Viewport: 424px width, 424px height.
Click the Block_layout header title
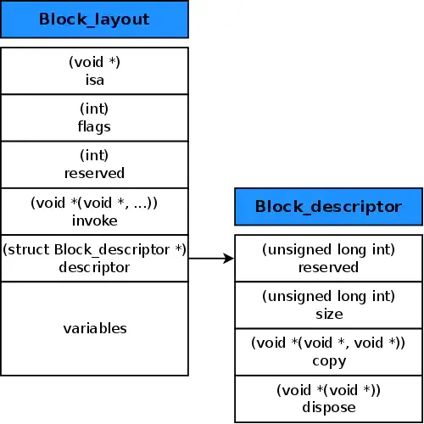94,19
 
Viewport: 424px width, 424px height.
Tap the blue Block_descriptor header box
328,206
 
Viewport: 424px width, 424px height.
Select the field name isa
94,79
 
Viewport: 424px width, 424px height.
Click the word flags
94,126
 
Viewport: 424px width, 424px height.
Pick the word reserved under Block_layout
94,173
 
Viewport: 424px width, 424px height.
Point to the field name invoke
94,220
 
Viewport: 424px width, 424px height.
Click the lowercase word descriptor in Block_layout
94,267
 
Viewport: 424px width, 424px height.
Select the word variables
94,327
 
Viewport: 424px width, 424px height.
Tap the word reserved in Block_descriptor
329,267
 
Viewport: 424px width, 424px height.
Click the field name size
329,314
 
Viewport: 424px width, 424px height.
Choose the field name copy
329,360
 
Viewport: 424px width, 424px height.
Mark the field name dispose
329,407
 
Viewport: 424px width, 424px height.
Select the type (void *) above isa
94,63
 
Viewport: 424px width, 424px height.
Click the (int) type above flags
94,109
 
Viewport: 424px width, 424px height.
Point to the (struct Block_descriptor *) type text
94,250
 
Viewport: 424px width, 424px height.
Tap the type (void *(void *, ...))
94,204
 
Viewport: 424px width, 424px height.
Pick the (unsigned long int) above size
329,297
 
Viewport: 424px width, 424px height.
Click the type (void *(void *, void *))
329,343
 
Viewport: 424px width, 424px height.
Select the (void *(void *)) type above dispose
329,391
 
